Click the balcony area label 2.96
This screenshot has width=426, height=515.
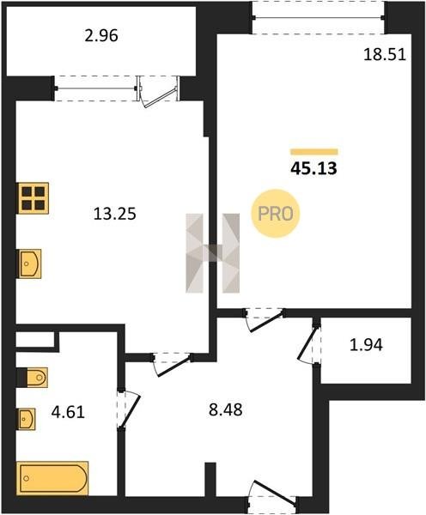(101, 36)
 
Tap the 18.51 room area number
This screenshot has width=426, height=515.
(385, 55)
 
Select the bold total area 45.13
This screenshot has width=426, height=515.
(313, 168)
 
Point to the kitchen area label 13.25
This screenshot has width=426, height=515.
(115, 214)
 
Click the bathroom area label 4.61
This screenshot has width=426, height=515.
(68, 412)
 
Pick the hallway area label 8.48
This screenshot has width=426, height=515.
(226, 409)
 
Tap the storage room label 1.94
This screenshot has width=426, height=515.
(366, 345)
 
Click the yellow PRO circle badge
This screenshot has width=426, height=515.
(276, 214)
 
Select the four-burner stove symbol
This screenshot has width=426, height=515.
(33, 198)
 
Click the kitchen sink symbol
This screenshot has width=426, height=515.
(29, 264)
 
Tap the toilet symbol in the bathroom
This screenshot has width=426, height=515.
(33, 378)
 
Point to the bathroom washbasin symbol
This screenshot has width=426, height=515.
(26, 419)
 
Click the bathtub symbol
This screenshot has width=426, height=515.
(52, 478)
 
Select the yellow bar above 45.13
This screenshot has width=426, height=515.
(313, 152)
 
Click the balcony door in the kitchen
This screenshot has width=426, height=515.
(159, 91)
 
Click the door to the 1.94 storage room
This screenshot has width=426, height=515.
(309, 344)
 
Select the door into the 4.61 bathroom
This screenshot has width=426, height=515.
(129, 409)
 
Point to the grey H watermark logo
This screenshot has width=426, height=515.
(213, 253)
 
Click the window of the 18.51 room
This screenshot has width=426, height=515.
(318, 17)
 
